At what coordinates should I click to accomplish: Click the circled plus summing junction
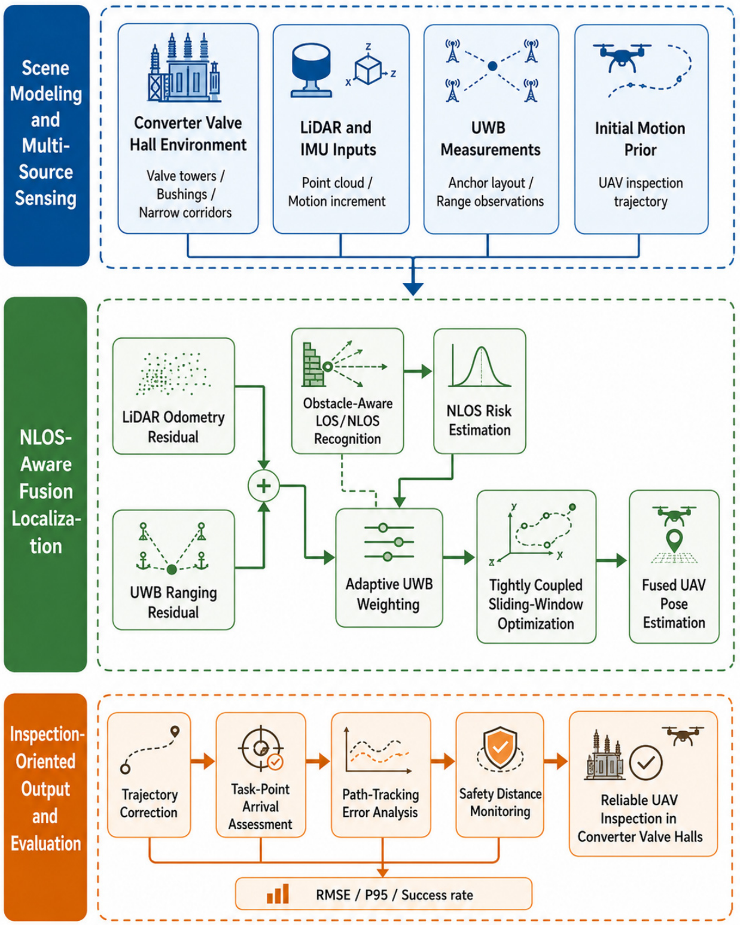point(263,486)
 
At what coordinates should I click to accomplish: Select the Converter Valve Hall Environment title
point(188,133)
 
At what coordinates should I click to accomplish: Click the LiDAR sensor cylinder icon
point(312,69)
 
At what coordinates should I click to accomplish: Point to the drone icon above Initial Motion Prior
point(622,57)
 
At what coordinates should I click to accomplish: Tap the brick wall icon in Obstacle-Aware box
point(313,364)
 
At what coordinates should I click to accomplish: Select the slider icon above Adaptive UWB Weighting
point(389,541)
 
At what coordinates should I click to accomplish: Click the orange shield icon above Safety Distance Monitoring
point(500,747)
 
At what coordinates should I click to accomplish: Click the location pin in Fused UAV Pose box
point(674,540)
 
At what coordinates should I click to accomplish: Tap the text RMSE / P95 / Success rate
point(394,895)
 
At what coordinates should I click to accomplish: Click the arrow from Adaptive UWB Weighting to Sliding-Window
point(459,558)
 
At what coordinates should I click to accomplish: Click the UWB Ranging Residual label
point(173,602)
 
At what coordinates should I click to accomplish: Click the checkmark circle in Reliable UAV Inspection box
point(645,762)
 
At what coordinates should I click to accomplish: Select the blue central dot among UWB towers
point(492,66)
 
